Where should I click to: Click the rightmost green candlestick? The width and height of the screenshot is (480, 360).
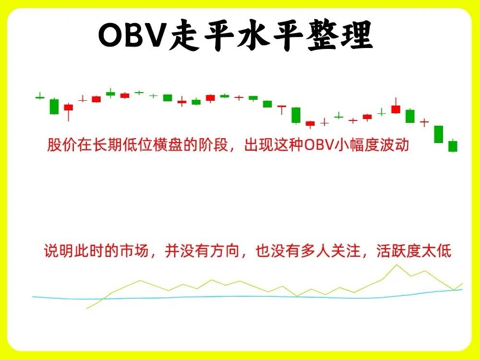click(453, 146)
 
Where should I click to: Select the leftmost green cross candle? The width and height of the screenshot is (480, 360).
click(40, 97)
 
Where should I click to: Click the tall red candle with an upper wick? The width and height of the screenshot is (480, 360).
click(396, 106)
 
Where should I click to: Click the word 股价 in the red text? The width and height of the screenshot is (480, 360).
click(61, 144)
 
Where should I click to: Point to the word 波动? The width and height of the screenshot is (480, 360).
click(394, 144)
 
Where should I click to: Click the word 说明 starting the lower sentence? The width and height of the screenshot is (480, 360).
click(59, 251)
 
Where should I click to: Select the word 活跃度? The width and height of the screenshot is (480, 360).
click(398, 251)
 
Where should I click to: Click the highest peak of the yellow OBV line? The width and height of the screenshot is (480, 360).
click(397, 265)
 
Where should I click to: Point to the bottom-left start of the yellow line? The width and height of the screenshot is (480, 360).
click(87, 308)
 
